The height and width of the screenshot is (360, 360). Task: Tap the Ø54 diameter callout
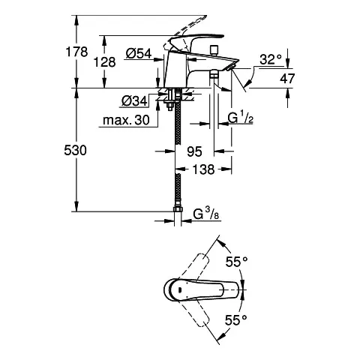(x=139, y=53)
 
